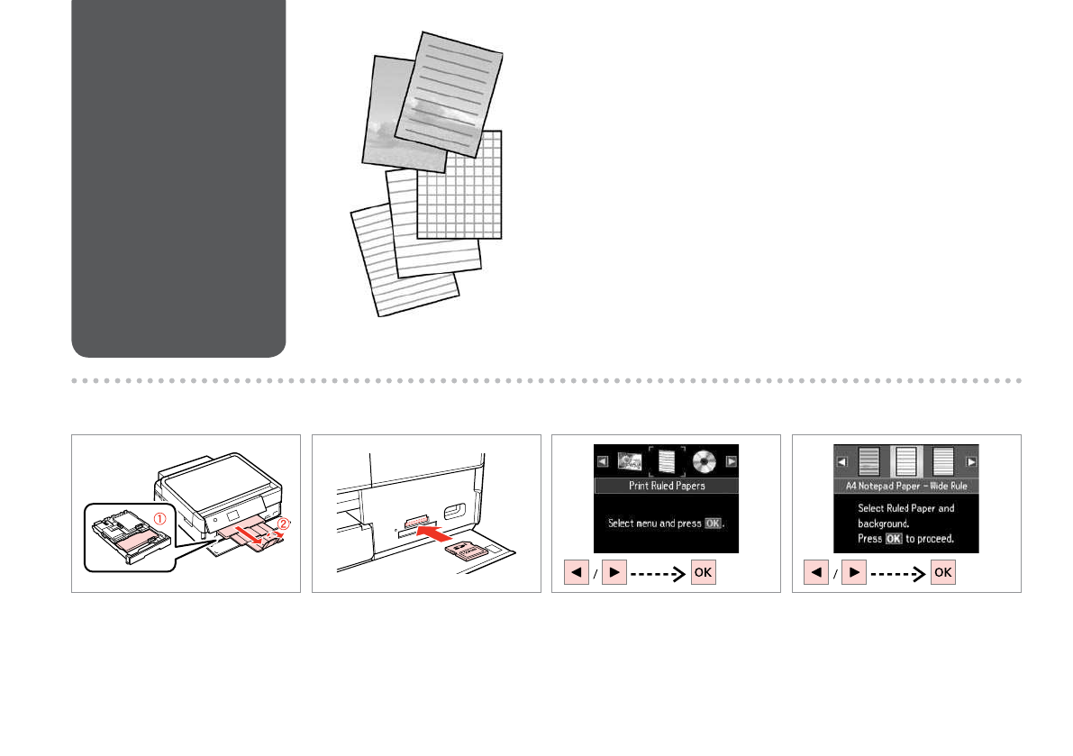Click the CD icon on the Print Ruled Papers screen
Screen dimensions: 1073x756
coord(705,461)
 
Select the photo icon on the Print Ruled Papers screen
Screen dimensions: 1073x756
coord(629,461)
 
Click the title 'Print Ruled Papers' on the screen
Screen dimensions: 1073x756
coord(666,486)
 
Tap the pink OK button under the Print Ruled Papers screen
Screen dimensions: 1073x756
coord(704,573)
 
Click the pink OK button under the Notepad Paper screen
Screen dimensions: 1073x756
coord(943,573)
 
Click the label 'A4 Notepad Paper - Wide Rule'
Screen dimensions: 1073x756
coord(905,486)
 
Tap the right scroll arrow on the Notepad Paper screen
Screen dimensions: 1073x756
coord(971,462)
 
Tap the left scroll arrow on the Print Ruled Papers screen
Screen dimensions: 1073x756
coord(603,461)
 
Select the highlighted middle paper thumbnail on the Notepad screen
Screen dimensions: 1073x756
coord(906,461)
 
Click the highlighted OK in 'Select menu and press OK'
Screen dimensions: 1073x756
coord(713,524)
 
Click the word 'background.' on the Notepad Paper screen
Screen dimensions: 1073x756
coord(881,524)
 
